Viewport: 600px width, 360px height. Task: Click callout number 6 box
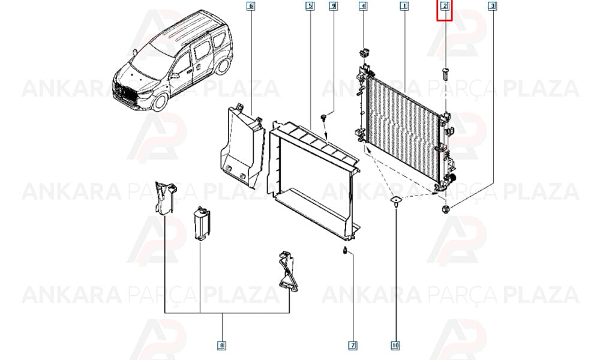pos(251,6)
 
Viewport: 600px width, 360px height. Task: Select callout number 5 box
pos(310,6)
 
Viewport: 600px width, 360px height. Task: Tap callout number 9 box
pos(333,6)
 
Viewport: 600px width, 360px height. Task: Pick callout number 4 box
pos(363,6)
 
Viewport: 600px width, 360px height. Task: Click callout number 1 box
pos(404,6)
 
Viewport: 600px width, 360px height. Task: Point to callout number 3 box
pos(493,6)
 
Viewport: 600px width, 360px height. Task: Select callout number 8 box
pos(221,346)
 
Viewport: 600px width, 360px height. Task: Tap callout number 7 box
pos(352,346)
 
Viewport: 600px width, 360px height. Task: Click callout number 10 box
pos(395,346)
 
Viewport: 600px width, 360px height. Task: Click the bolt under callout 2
pos(445,74)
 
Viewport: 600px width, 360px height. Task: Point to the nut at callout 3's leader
pos(445,209)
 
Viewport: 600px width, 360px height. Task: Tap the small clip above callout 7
pos(345,251)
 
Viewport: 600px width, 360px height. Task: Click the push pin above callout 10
pos(395,202)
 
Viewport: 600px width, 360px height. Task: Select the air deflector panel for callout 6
pos(242,147)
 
